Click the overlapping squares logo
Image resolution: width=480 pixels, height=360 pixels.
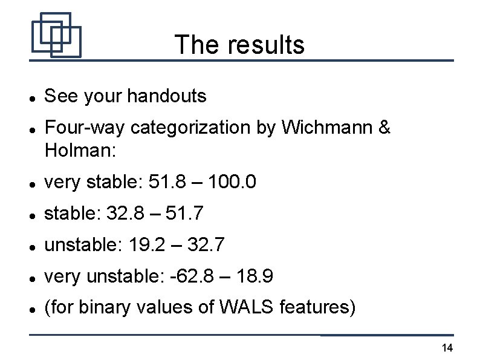(56, 35)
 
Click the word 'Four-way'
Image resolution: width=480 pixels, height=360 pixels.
(85, 128)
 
